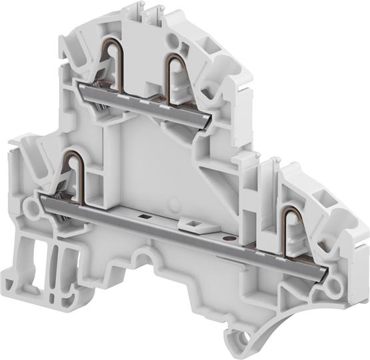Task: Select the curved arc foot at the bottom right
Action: pos(293,313)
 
